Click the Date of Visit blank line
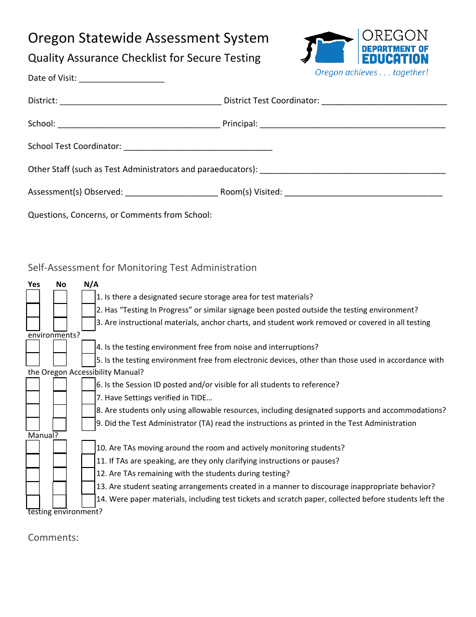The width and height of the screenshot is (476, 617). [121, 79]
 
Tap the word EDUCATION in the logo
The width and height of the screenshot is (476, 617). [395, 59]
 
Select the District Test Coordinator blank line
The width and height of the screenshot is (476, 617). [384, 102]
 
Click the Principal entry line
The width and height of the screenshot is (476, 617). [352, 125]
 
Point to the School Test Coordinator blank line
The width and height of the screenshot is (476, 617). [197, 147]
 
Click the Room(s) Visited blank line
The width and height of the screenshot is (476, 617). [363, 193]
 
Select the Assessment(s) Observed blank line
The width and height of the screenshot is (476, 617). [171, 193]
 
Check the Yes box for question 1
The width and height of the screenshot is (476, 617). [33, 297]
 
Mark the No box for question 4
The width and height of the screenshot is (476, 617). [60, 347]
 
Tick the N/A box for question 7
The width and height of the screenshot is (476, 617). [89, 398]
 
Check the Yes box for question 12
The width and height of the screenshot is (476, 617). [33, 474]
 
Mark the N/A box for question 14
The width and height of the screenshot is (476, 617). [89, 500]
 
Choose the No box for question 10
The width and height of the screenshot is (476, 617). [60, 447]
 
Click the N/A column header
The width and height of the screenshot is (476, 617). [91, 284]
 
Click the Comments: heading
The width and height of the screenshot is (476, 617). [53, 538]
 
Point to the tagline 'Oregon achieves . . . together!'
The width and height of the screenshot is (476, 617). [371, 73]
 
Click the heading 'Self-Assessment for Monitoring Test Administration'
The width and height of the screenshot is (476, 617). [142, 268]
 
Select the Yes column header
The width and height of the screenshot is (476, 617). [34, 284]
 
